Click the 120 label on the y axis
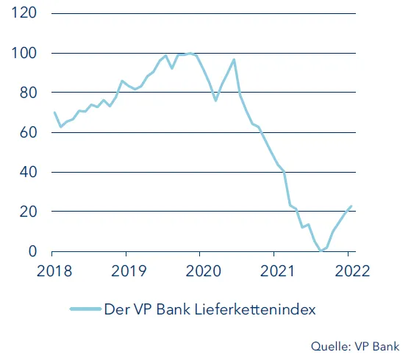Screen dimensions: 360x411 pos(24,14)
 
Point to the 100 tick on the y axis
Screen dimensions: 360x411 pos(24,54)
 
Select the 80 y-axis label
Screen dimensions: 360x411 pos(27,93)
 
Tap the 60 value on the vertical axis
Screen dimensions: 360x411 pos(27,133)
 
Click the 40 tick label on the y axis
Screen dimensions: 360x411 pos(27,173)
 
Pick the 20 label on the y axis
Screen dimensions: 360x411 pos(27,212)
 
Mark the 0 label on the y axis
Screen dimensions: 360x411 pos(31,251)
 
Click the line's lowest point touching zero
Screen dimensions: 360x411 pos(321,251)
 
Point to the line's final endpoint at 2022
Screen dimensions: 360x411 pos(351,206)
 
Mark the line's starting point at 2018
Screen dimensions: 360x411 pos(54,112)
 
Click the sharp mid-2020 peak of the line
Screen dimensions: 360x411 pos(234,60)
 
